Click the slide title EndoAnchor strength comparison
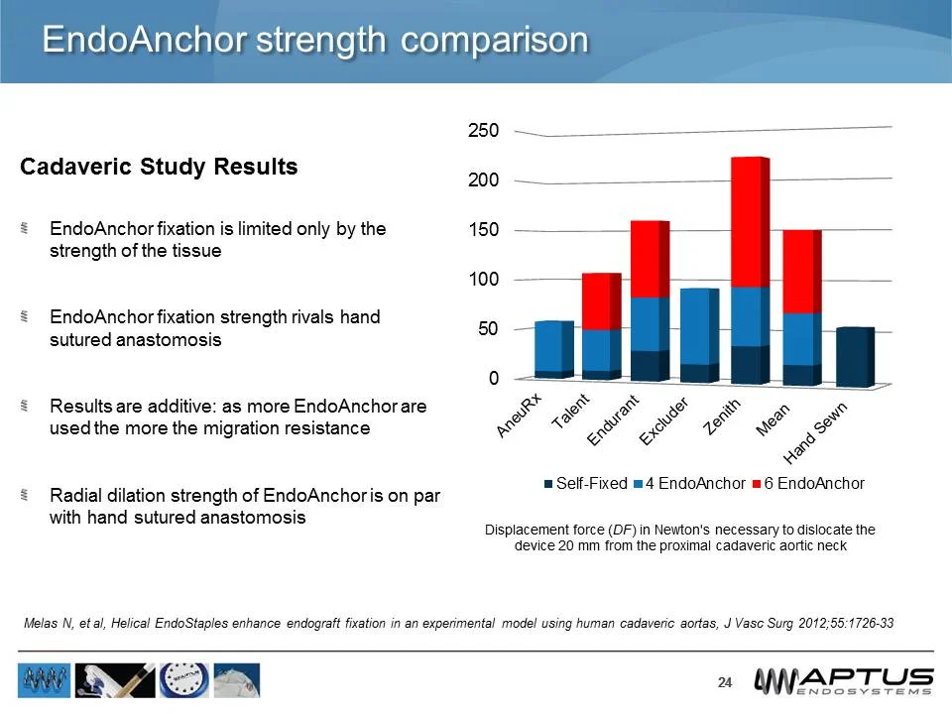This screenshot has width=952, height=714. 315,40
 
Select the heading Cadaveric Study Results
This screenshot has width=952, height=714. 159,167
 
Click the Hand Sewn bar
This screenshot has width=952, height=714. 853,356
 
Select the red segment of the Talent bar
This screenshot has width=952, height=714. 600,301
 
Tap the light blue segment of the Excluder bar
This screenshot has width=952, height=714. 699,326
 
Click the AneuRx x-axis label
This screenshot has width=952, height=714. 521,415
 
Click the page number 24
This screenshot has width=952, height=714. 724,682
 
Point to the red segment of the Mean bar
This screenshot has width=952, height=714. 800,272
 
